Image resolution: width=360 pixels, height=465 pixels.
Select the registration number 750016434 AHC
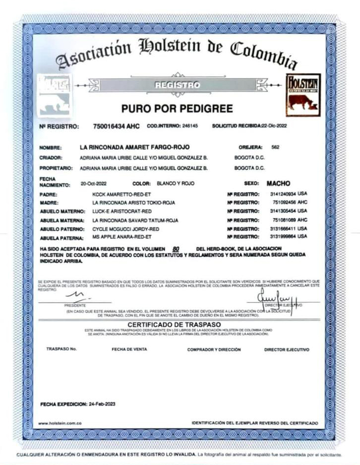(x=116, y=127)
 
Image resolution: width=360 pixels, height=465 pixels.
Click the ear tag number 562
(x=276, y=147)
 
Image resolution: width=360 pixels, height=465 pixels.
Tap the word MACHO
(x=278, y=183)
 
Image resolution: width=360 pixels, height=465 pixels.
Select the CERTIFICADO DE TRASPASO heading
(x=177, y=325)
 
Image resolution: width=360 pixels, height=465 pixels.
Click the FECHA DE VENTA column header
(x=129, y=349)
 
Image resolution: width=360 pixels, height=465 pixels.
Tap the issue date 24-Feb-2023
(x=101, y=404)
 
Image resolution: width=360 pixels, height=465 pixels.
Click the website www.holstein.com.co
(x=60, y=423)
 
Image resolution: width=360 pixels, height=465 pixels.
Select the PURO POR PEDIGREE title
(x=177, y=108)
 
